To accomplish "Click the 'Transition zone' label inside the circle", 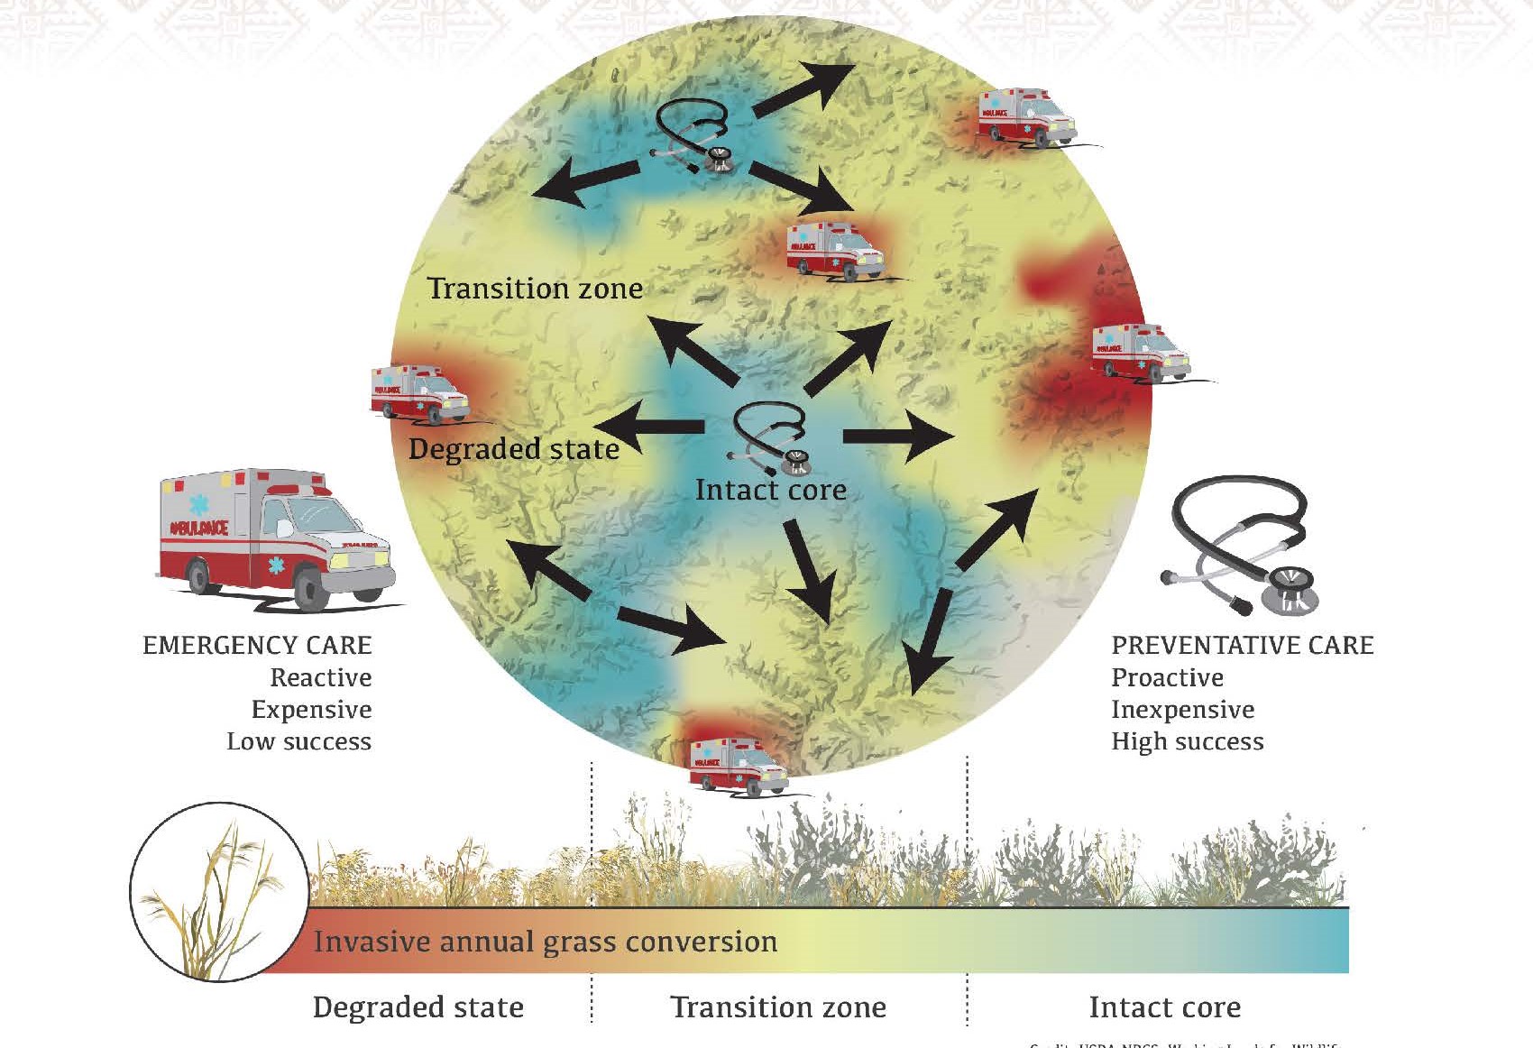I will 535,289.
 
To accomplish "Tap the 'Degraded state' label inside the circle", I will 513,449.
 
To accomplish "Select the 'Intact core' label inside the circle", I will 771,490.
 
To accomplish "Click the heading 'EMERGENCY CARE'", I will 257,646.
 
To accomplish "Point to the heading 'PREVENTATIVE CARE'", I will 1243,646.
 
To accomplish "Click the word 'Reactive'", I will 321,677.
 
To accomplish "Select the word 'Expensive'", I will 311,710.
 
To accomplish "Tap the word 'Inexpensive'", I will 1182,710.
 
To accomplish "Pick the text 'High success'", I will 1187,741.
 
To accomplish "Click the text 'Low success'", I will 298,741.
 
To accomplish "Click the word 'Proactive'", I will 1167,677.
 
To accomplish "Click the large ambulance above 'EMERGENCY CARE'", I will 276,537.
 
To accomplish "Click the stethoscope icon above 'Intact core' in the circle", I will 770,438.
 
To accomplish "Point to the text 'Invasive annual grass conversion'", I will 545,942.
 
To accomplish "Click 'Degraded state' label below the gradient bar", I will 418,1007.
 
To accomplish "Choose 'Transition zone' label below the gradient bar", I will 778,1007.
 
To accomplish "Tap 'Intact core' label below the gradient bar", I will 1164,1007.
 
